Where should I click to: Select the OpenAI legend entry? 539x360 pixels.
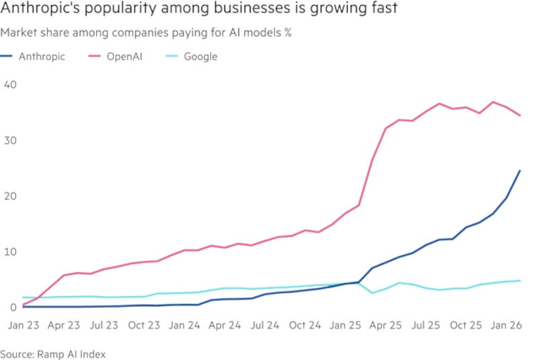point(123,57)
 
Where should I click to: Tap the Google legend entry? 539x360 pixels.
point(200,57)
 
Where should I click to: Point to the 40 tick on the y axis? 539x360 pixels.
point(9,85)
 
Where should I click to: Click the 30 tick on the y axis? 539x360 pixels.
point(9,140)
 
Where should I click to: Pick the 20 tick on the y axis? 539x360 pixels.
point(9,196)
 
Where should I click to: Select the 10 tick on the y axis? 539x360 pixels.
point(9,252)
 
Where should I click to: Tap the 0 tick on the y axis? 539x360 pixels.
point(7,307)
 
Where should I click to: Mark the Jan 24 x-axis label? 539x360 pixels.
point(184,325)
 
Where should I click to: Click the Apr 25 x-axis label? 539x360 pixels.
point(386,325)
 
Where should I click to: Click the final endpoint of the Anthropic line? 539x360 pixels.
point(519,171)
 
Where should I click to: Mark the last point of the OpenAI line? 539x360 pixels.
point(519,115)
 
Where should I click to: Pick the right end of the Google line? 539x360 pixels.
point(519,280)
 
